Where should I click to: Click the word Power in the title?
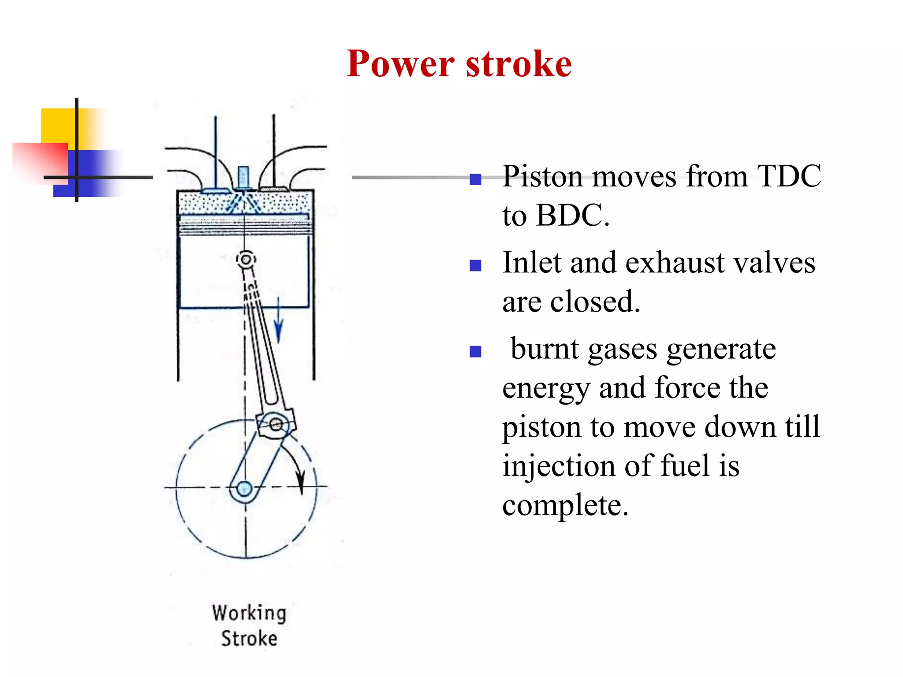400,64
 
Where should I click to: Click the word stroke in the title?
519,64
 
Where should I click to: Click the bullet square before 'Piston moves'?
475,179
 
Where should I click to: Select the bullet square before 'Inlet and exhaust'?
475,265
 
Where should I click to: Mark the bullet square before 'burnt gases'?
475,351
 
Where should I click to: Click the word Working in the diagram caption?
249,613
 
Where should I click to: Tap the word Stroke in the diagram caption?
249,638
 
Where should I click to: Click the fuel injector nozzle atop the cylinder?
243,177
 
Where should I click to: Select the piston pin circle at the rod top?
246,259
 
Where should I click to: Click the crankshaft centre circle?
244,489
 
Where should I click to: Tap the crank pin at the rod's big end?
276,424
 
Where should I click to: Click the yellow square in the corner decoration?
58,126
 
